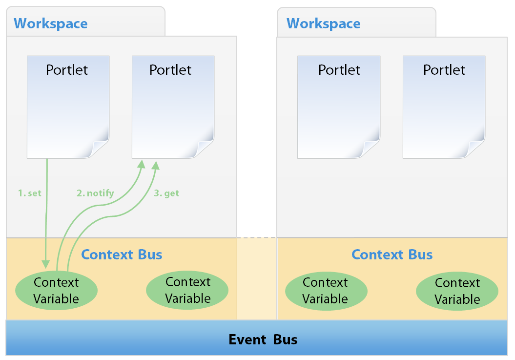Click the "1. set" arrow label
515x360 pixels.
pyautogui.click(x=30, y=193)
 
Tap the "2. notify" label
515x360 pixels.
pyautogui.click(x=95, y=193)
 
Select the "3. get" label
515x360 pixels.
pyautogui.click(x=166, y=193)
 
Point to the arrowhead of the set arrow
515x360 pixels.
pyautogui.click(x=46, y=264)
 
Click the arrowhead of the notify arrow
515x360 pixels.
pyautogui.click(x=141, y=165)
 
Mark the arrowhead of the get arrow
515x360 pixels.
pyautogui.click(x=156, y=165)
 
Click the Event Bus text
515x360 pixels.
pyautogui.click(x=263, y=339)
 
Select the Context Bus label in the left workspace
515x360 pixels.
pyautogui.click(x=122, y=254)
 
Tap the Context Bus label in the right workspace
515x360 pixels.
pyautogui.click(x=392, y=254)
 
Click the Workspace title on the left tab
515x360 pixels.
pyautogui.click(x=51, y=23)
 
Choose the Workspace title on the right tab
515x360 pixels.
pyautogui.click(x=324, y=23)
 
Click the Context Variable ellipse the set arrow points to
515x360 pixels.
pyautogui.click(x=57, y=291)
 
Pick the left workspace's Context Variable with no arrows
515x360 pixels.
pyautogui.click(x=187, y=290)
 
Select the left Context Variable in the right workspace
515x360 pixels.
pyautogui.click(x=326, y=291)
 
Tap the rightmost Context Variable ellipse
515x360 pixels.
pyautogui.click(x=457, y=291)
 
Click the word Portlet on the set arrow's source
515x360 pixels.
pyautogui.click(x=67, y=70)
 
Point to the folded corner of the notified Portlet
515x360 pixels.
pyautogui.click(x=205, y=148)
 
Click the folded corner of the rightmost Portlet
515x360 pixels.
pyautogui.click(x=476, y=148)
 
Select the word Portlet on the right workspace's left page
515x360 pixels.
pyautogui.click(x=339, y=70)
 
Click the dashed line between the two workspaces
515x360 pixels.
pyautogui.click(x=257, y=238)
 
